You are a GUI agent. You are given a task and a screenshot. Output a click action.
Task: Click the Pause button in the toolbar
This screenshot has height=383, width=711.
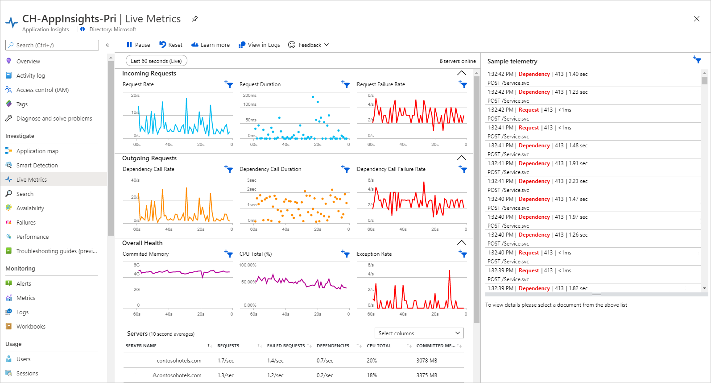pos(138,45)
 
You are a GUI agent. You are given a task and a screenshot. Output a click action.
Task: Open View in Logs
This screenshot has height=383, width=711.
pos(260,45)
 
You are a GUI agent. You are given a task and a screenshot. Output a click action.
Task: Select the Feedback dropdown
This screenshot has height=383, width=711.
pos(309,45)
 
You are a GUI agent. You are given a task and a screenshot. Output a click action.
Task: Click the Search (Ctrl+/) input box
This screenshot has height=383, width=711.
pos(52,45)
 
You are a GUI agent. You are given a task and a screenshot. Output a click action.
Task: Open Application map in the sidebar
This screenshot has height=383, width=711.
pos(37,151)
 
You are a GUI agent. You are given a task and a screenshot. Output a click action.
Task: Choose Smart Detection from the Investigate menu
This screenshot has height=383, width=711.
pos(37,165)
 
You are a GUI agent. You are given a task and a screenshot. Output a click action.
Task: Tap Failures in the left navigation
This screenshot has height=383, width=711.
pos(26,222)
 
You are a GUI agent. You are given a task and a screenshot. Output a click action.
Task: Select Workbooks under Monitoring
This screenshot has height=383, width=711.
pos(31,326)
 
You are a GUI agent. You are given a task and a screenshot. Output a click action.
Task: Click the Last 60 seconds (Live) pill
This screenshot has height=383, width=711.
pos(156,61)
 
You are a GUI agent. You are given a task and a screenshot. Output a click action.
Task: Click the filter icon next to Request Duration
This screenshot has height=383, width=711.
pos(346,84)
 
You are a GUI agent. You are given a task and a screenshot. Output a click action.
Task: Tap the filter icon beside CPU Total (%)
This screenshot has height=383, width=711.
pos(346,254)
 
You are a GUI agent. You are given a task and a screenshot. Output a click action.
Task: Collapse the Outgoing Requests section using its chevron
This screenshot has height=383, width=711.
pos(462,158)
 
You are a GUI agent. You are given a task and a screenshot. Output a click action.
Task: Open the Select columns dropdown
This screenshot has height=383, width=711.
pos(419,333)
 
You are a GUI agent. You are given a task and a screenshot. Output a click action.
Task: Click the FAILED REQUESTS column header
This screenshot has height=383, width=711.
pos(286,346)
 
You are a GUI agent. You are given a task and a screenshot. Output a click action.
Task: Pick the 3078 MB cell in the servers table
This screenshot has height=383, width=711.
pos(427,360)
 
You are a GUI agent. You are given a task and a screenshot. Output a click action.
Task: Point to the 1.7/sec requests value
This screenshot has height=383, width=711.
pos(226,360)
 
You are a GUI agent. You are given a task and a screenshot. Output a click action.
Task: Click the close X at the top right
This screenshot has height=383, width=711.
pos(696,19)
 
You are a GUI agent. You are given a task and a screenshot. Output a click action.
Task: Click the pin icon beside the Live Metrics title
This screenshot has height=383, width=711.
pos(194,19)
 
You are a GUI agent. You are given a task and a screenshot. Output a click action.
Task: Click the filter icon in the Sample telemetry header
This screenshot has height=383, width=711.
pos(697,59)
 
